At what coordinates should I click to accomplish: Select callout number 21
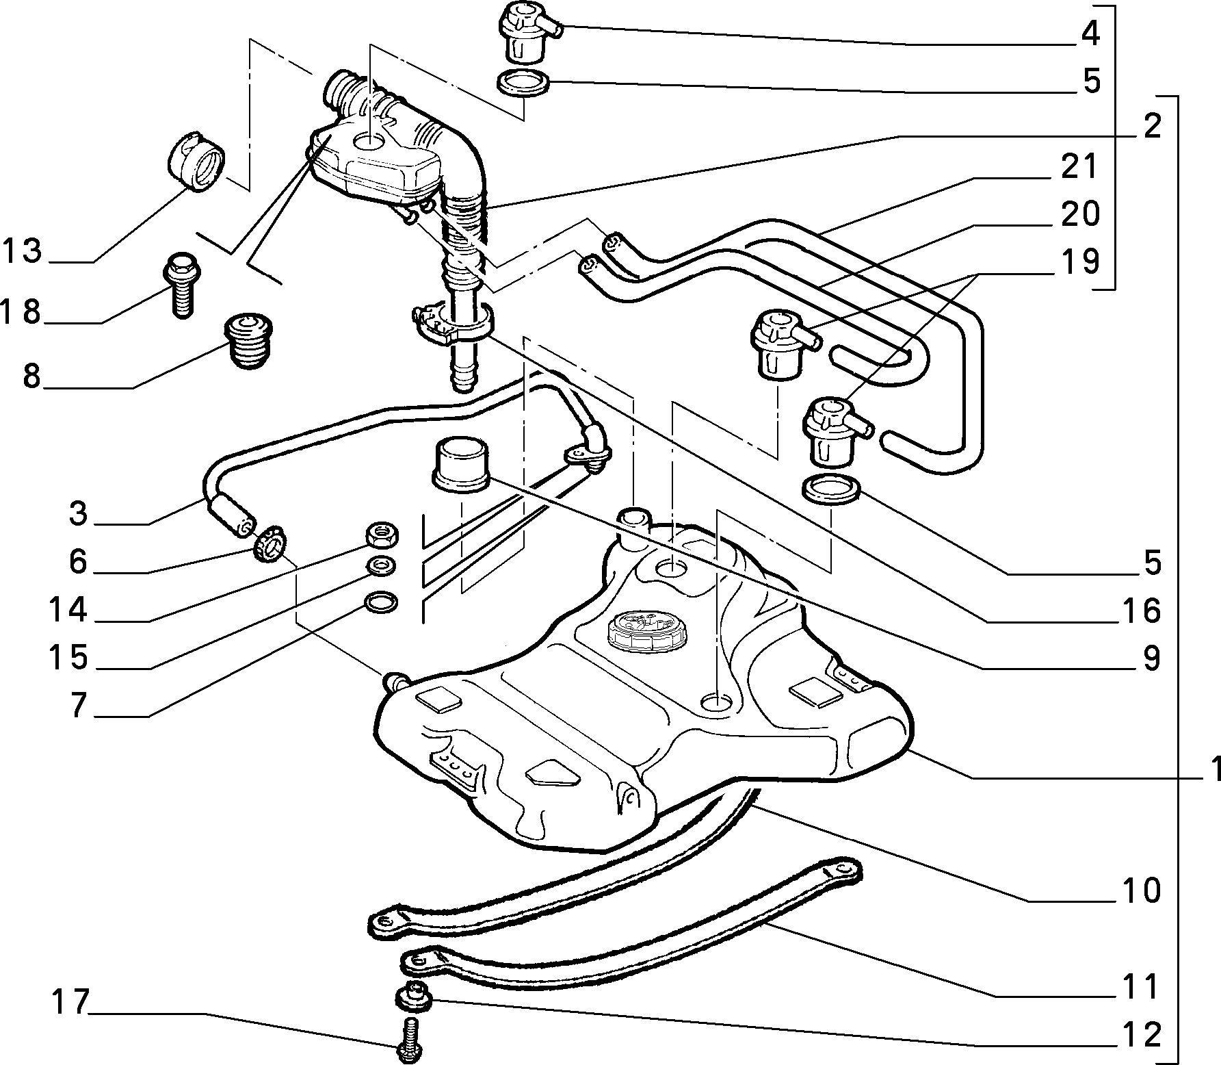pyautogui.click(x=1079, y=167)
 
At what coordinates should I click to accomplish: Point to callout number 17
pyautogui.click(x=70, y=1003)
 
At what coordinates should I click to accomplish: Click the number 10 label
pyautogui.click(x=1140, y=890)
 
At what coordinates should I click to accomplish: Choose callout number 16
pyautogui.click(x=1140, y=611)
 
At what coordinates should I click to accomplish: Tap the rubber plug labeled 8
pyautogui.click(x=249, y=341)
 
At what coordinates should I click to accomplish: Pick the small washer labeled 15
pyautogui.click(x=379, y=565)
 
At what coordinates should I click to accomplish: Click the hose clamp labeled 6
pyautogui.click(x=270, y=543)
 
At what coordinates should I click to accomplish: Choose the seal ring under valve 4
pyautogui.click(x=523, y=83)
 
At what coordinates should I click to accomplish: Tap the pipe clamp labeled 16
pyautogui.click(x=451, y=322)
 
